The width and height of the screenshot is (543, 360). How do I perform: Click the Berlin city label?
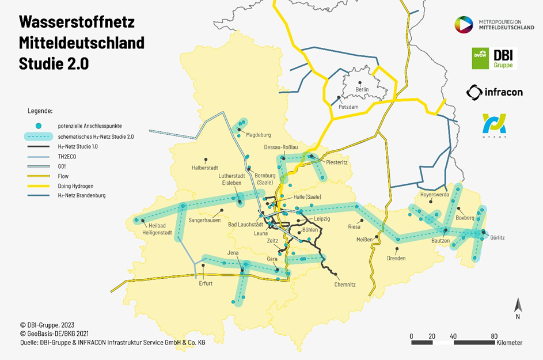362,89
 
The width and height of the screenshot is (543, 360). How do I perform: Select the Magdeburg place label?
258,135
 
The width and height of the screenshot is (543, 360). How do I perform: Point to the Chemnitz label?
345,285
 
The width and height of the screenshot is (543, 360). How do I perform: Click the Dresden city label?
396,258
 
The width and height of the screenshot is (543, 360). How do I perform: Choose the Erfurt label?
206,283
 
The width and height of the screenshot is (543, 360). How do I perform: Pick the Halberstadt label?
206,168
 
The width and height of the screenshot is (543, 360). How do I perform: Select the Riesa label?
354,227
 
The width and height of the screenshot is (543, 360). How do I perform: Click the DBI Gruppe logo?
494,58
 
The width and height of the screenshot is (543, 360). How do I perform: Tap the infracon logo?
494,92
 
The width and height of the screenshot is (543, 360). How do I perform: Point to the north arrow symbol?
517,309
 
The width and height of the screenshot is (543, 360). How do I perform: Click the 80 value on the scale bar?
494,336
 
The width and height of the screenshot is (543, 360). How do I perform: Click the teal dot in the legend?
38,126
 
